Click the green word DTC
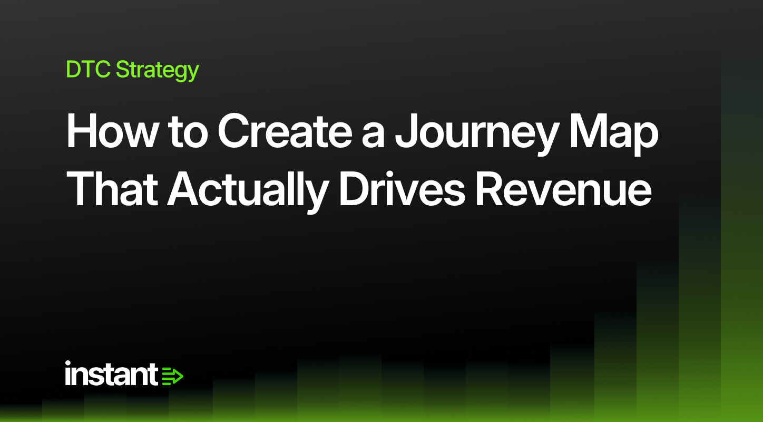[88, 70]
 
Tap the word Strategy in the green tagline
[158, 71]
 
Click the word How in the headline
[111, 131]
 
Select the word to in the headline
[188, 133]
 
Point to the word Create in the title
[285, 131]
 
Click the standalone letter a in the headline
[373, 136]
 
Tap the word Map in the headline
[614, 135]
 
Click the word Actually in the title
[248, 192]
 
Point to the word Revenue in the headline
[563, 189]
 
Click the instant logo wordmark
[111, 373]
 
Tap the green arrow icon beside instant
[172, 376]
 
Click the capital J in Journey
[407, 131]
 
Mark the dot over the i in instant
[68, 363]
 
